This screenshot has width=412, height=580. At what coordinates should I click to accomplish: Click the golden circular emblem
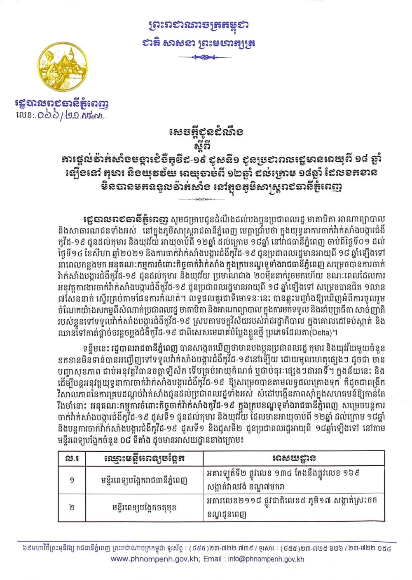point(63,68)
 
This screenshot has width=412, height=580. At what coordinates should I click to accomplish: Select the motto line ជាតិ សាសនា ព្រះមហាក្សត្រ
point(198,43)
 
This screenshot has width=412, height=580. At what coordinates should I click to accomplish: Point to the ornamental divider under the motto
point(199,57)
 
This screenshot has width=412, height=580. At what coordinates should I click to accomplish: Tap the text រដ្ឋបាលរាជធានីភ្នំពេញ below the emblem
point(67,104)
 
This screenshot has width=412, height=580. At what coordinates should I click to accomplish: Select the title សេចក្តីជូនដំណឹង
point(206,132)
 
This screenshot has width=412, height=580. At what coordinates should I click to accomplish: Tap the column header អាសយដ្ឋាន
point(294,459)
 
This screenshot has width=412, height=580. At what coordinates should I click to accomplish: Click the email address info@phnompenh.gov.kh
point(272,559)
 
